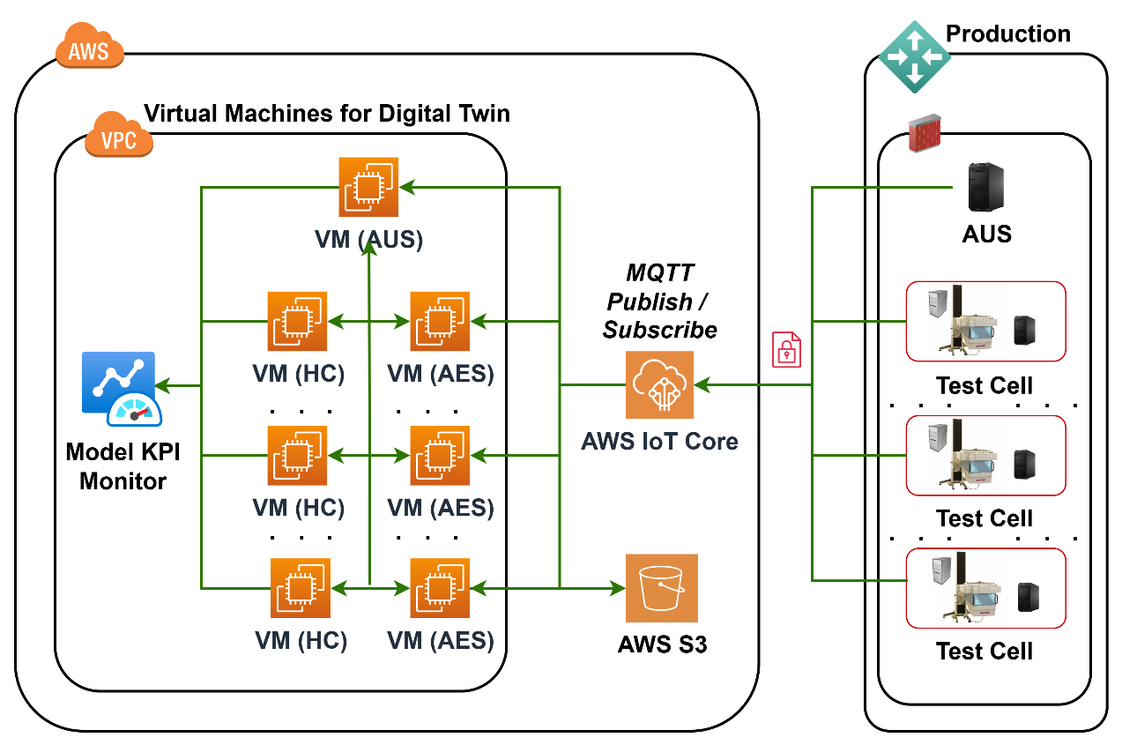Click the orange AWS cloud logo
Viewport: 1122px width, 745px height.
tap(89, 48)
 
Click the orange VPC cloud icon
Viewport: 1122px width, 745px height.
tap(119, 137)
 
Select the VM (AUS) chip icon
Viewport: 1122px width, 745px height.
tap(368, 187)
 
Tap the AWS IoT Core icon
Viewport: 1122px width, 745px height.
tap(659, 384)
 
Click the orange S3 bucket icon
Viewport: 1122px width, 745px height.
tap(661, 588)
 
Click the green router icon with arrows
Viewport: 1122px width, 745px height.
tap(915, 56)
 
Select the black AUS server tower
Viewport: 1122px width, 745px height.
tap(986, 187)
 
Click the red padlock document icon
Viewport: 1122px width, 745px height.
tap(786, 349)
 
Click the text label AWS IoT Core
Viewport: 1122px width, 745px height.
tap(659, 441)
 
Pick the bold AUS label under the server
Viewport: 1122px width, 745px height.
tap(986, 234)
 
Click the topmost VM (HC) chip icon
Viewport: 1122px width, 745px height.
tap(298, 321)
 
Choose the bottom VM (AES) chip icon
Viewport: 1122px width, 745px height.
tap(440, 588)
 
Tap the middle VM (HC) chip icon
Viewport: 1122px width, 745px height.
tap(298, 456)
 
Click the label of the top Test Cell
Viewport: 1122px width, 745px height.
tap(984, 385)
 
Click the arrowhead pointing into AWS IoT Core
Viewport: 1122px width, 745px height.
tap(702, 385)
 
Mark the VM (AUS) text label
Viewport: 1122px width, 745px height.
tap(368, 239)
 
